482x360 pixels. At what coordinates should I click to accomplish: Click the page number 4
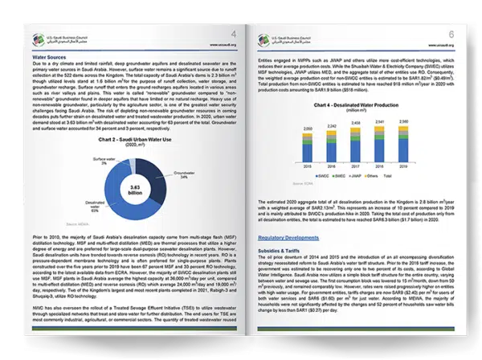[234, 34]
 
